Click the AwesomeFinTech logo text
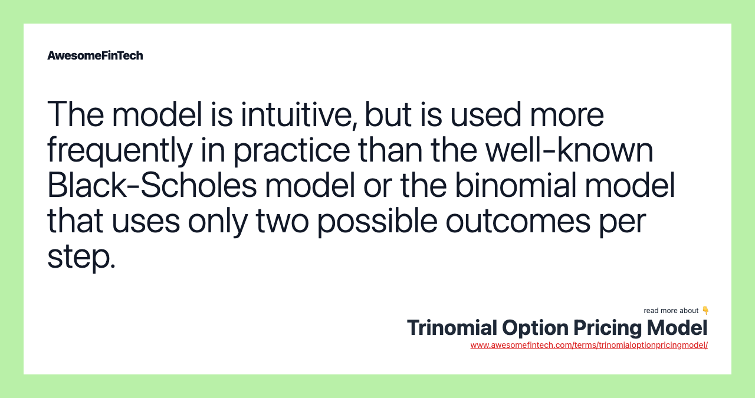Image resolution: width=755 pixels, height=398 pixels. click(95, 55)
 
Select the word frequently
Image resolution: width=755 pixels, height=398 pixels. click(120, 150)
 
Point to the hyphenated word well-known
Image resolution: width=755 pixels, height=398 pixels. click(569, 150)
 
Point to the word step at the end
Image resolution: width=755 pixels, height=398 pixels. click(81, 257)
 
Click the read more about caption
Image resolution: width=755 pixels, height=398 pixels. click(671, 311)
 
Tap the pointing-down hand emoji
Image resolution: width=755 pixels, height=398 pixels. click(705, 310)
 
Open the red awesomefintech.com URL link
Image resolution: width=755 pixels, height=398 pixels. click(589, 345)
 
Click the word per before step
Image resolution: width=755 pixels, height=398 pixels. click(627, 222)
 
